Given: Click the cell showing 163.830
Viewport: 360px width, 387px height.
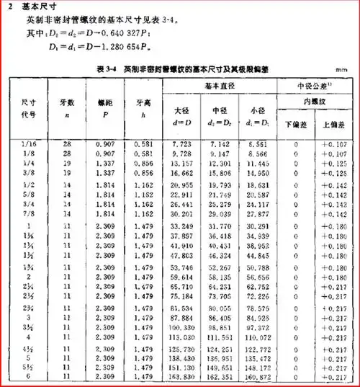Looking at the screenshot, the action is click(181, 375).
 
